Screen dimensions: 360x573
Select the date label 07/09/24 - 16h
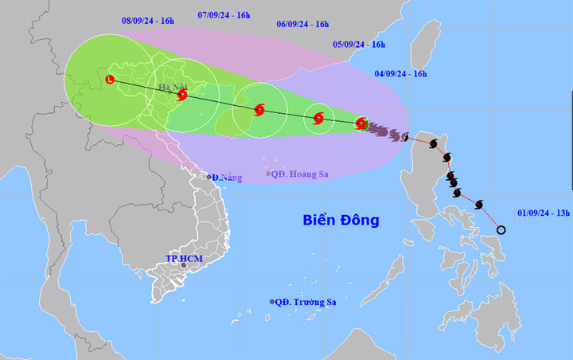pos(224,15)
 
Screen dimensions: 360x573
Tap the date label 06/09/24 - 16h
pos(302,25)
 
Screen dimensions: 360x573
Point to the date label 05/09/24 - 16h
pos(358,45)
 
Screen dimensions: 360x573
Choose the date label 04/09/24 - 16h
pos(401,74)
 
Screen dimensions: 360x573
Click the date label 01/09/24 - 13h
pos(544,213)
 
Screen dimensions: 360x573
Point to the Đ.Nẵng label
pos(227,177)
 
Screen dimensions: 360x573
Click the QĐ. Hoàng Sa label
pos(300,174)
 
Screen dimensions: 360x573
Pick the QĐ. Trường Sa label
pos(306,302)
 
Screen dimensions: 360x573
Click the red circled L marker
pos(110,78)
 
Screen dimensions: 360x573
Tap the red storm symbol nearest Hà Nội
pos(182,95)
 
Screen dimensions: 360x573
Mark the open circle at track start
pos(501,230)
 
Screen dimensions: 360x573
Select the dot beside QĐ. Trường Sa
pos(272,302)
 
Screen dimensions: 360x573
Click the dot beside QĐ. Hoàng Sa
pos(268,174)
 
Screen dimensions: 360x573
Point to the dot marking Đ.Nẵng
pos(209,177)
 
